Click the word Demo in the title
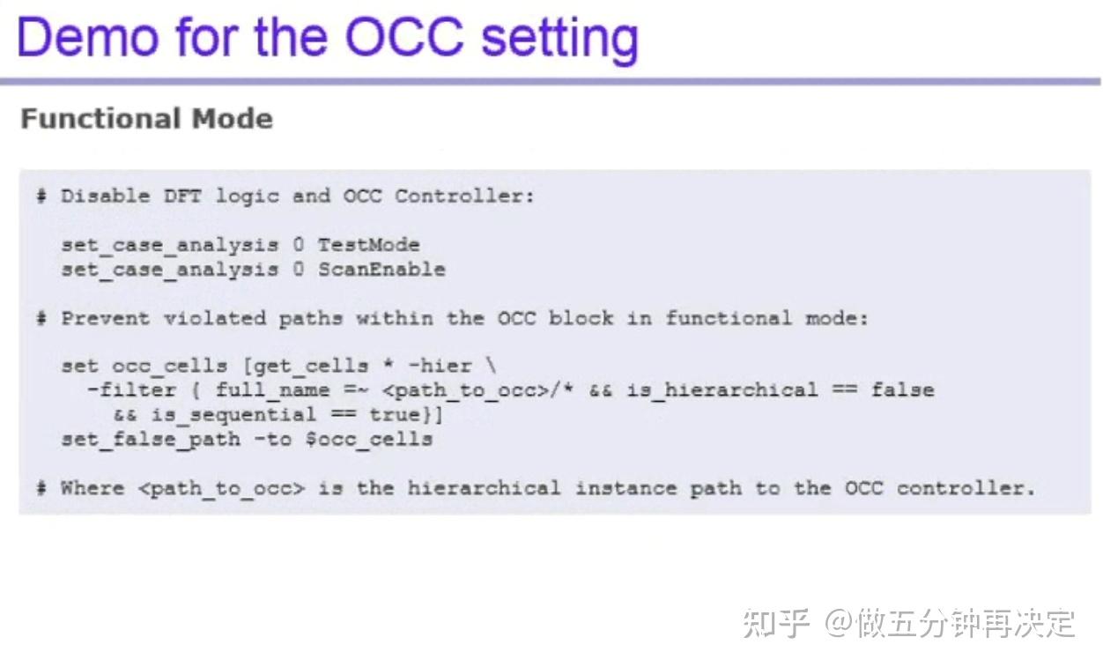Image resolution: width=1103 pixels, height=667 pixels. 85,38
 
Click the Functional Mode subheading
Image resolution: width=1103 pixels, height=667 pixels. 146,119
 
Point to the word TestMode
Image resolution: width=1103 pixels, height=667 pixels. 368,245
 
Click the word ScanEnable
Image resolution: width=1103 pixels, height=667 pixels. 381,270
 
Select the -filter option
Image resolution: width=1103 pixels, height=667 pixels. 131,389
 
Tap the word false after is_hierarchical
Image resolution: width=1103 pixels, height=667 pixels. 902,389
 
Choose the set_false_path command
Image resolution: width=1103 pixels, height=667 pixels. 150,439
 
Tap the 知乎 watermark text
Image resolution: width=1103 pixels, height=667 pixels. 775,623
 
